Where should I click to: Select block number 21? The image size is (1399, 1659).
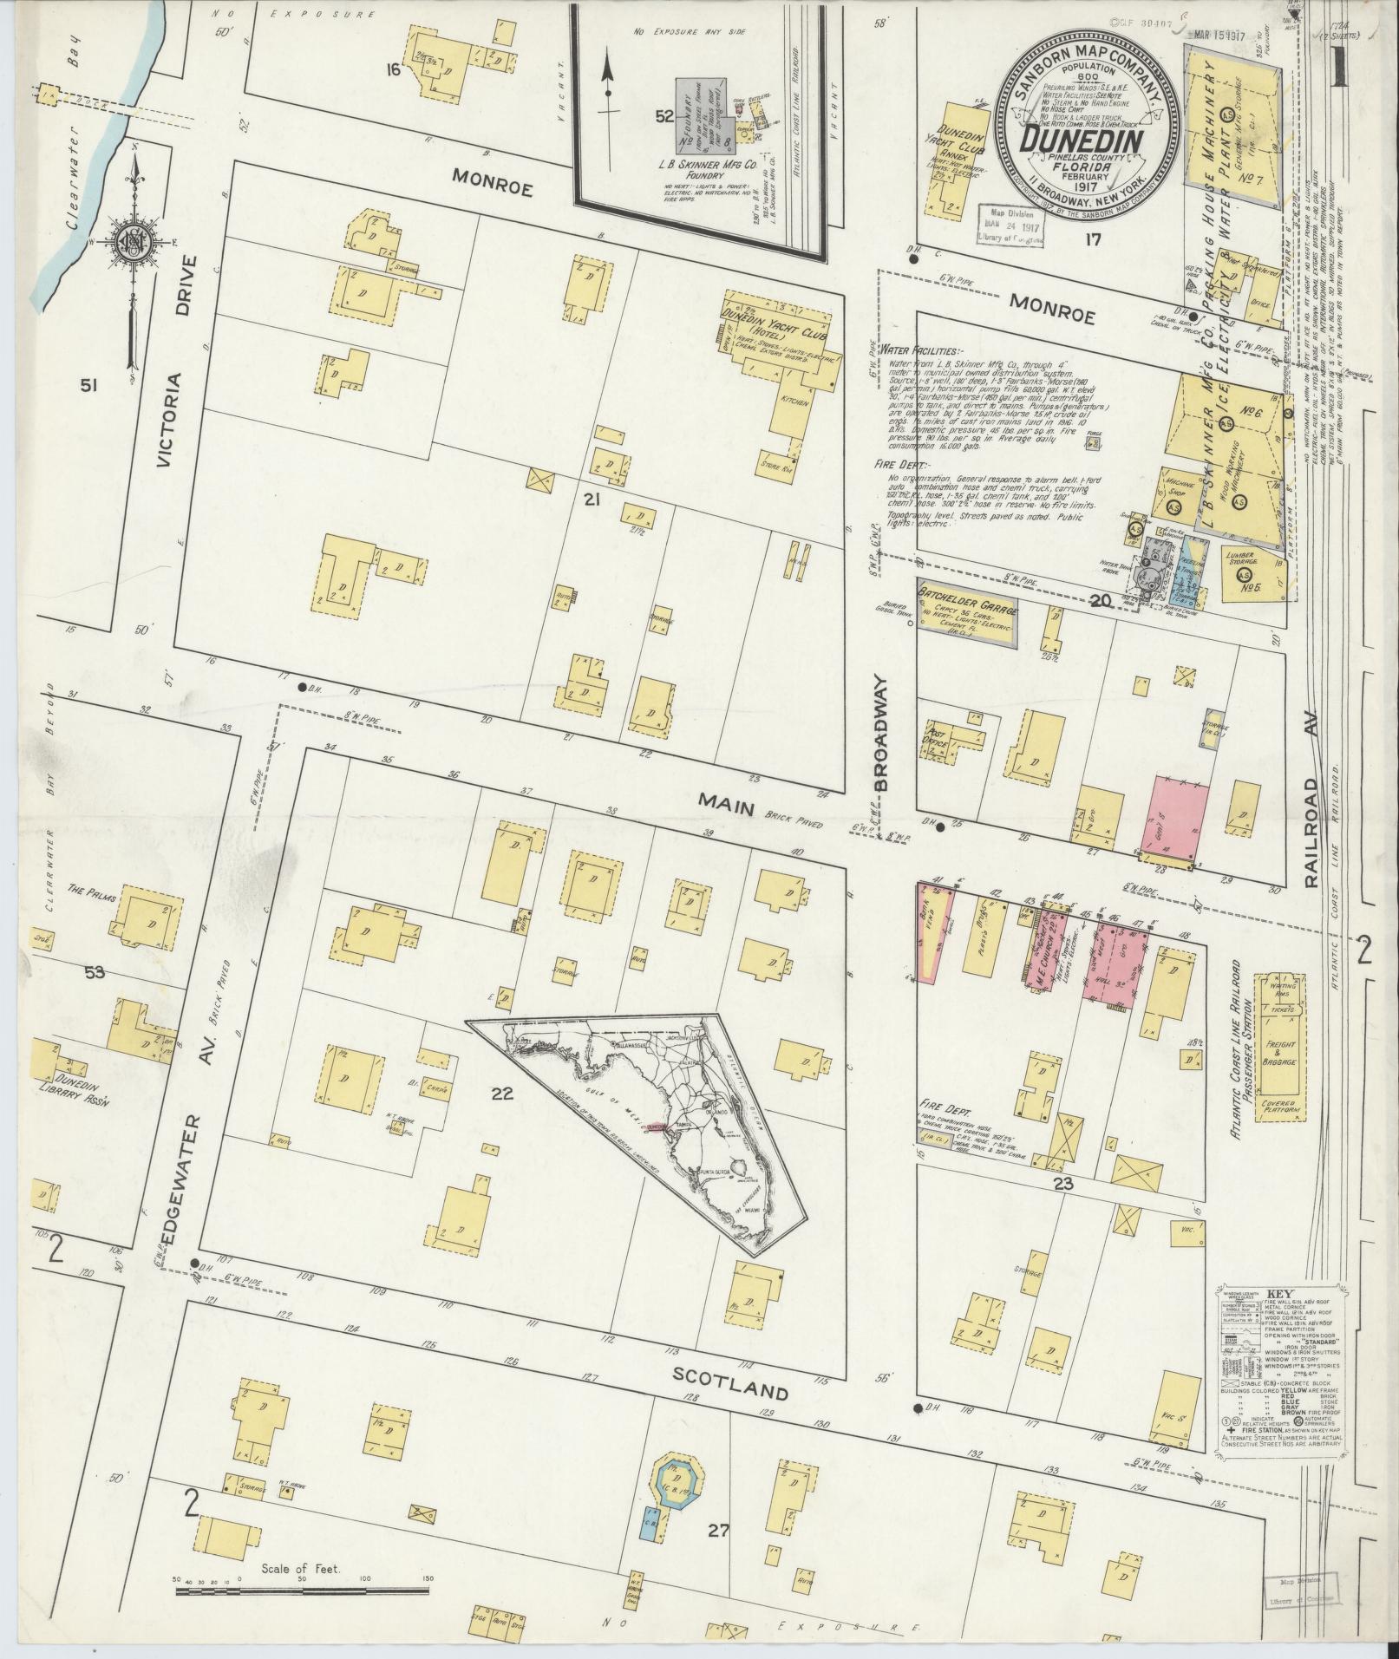click(x=592, y=499)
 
